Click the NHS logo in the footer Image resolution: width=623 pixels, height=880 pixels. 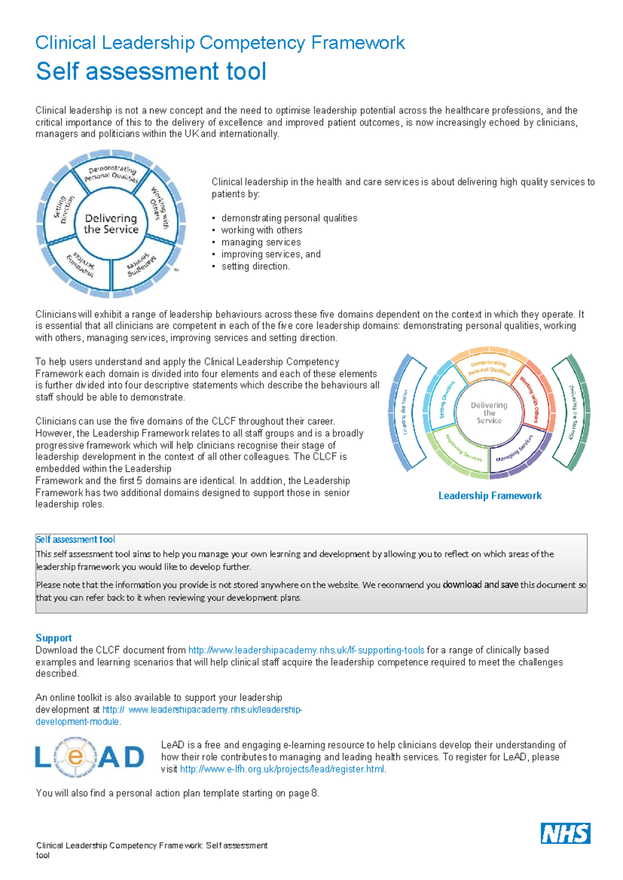(x=565, y=833)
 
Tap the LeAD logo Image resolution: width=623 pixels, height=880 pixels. (x=90, y=758)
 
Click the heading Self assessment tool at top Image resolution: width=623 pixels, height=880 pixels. (x=151, y=71)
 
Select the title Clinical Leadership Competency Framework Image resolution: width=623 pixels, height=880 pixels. (x=220, y=43)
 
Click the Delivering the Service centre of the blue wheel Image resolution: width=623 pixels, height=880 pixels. (x=111, y=224)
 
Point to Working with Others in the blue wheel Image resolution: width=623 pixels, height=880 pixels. (x=159, y=207)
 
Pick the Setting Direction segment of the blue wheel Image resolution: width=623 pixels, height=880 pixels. (x=64, y=209)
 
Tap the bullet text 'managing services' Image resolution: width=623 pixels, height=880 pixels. (x=261, y=242)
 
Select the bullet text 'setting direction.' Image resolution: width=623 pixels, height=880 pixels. (x=255, y=266)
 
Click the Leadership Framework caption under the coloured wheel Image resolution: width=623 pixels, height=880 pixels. (x=490, y=496)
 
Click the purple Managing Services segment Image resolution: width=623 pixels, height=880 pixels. (x=515, y=450)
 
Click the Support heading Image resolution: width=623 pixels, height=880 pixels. (x=53, y=638)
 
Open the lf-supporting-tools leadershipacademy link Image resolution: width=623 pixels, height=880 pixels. (x=306, y=650)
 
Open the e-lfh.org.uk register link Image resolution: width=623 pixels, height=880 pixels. (x=282, y=769)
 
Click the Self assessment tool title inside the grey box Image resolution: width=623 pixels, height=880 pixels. (x=76, y=540)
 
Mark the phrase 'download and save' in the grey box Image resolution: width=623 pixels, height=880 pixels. (x=480, y=585)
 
